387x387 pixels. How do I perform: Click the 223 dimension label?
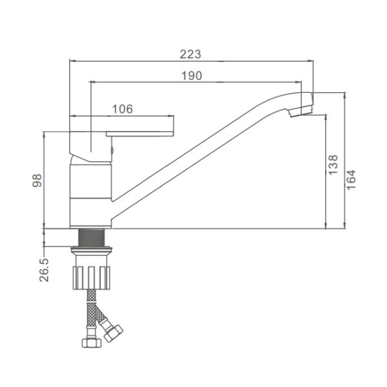coord(190,54)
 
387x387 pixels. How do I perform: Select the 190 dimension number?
coord(192,75)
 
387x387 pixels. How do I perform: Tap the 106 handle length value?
coord(123,109)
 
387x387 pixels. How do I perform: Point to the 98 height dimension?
coord(37,181)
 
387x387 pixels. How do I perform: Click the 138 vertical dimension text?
coord(333,165)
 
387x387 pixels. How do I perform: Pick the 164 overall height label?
coord(352,180)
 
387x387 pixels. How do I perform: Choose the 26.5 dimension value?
coord(44,270)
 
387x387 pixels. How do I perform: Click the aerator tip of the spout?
coord(301,112)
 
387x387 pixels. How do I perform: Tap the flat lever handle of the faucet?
coord(140,134)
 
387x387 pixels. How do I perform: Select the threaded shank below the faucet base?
coord(92,237)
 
